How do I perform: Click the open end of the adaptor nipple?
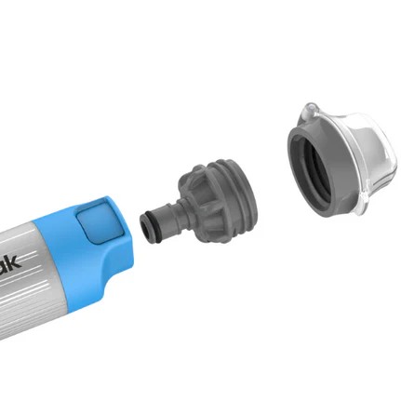141,225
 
